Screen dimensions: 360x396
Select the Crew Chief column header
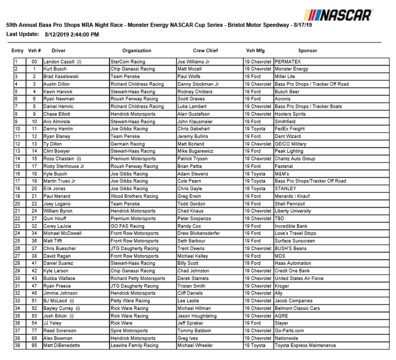coord(205,51)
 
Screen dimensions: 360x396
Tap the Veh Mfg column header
coord(256,51)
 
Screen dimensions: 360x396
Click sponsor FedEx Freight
coord(291,129)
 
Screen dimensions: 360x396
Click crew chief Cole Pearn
coord(190,182)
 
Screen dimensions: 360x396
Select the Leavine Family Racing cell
coord(135,346)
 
